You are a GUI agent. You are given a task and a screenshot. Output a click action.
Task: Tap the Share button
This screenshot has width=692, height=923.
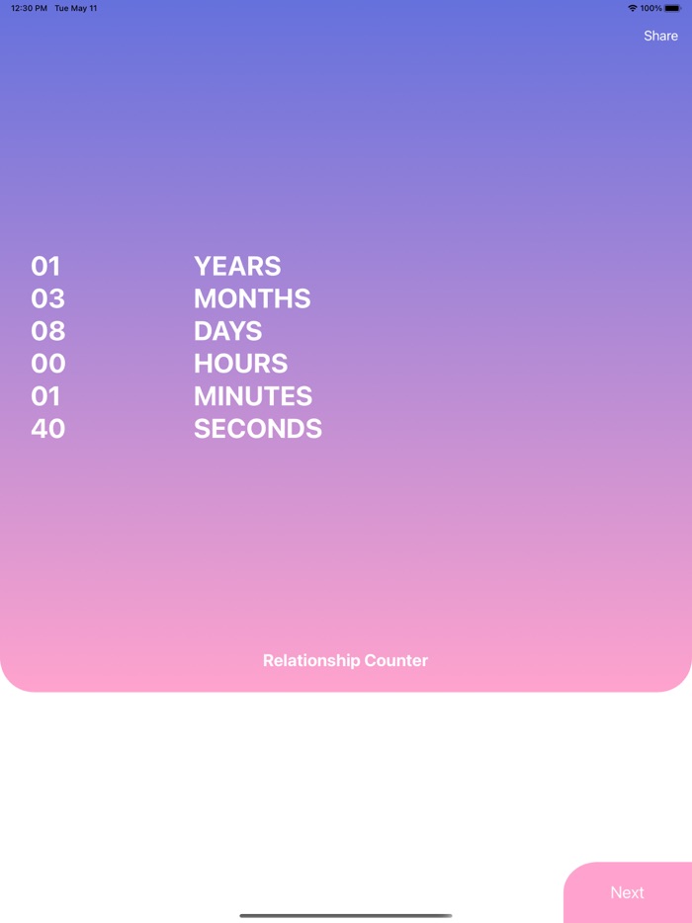[x=660, y=36]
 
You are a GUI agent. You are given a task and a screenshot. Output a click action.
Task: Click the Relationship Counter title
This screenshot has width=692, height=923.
[x=345, y=660]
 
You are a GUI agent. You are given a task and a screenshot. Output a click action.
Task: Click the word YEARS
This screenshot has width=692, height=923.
[x=237, y=266]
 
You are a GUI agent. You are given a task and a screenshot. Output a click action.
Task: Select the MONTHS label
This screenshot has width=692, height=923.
[x=252, y=298]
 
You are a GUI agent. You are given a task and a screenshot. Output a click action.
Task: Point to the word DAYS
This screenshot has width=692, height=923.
[x=227, y=331]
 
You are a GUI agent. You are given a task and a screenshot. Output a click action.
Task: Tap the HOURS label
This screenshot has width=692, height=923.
[x=240, y=364]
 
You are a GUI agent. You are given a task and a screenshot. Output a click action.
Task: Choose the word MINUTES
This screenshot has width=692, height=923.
[x=253, y=396]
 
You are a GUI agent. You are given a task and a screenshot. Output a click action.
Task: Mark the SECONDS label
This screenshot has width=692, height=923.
[x=258, y=429]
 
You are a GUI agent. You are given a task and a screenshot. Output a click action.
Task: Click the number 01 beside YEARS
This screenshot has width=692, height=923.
[x=45, y=266]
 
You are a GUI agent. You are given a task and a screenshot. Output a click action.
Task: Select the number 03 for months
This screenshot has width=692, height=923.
[x=47, y=298]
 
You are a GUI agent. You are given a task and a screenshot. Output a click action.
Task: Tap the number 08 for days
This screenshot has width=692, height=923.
[x=47, y=331]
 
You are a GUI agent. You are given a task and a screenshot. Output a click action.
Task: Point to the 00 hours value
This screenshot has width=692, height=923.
[x=48, y=364]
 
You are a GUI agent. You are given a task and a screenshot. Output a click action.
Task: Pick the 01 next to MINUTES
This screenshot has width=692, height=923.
[x=45, y=396]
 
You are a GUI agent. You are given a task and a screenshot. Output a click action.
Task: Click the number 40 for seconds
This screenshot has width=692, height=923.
[x=48, y=429]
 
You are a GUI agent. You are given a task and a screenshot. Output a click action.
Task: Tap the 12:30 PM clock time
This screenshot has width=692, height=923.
[x=29, y=8]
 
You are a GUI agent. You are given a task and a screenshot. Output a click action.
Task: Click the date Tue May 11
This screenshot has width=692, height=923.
[x=76, y=8]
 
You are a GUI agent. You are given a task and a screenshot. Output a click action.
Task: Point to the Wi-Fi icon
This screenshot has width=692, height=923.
[x=633, y=8]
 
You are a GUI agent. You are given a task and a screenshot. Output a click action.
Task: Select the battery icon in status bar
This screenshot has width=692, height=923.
[x=673, y=8]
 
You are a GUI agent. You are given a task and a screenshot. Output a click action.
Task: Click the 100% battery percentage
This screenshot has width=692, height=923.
[x=650, y=8]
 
